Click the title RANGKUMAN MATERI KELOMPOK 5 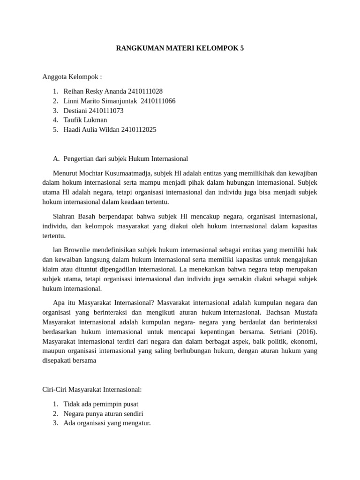pyautogui.click(x=180, y=48)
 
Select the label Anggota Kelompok pyautogui.click(x=72, y=77)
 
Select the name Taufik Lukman pyautogui.click(x=85, y=120)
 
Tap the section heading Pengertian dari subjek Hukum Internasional pyautogui.click(x=126, y=158)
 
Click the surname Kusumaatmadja pyautogui.click(x=116, y=173)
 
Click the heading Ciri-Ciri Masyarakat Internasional pyautogui.click(x=92, y=389)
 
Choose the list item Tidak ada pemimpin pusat pyautogui.click(x=101, y=404)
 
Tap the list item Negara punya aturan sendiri pyautogui.click(x=103, y=413)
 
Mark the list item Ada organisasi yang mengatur pyautogui.click(x=107, y=423)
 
